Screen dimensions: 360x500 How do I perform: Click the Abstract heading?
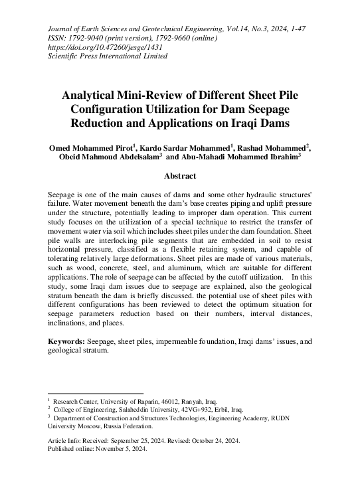tap(180, 177)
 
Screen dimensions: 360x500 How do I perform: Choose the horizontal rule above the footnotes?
tap(96, 393)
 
